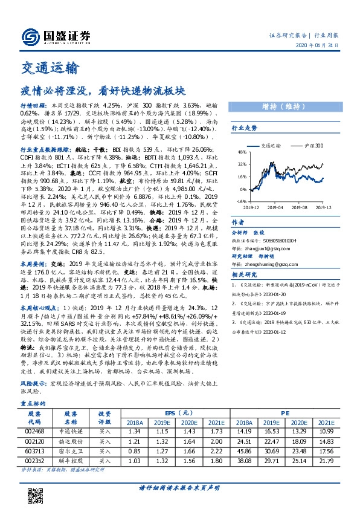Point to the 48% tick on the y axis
point(242,152)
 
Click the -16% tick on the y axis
point(241,202)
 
